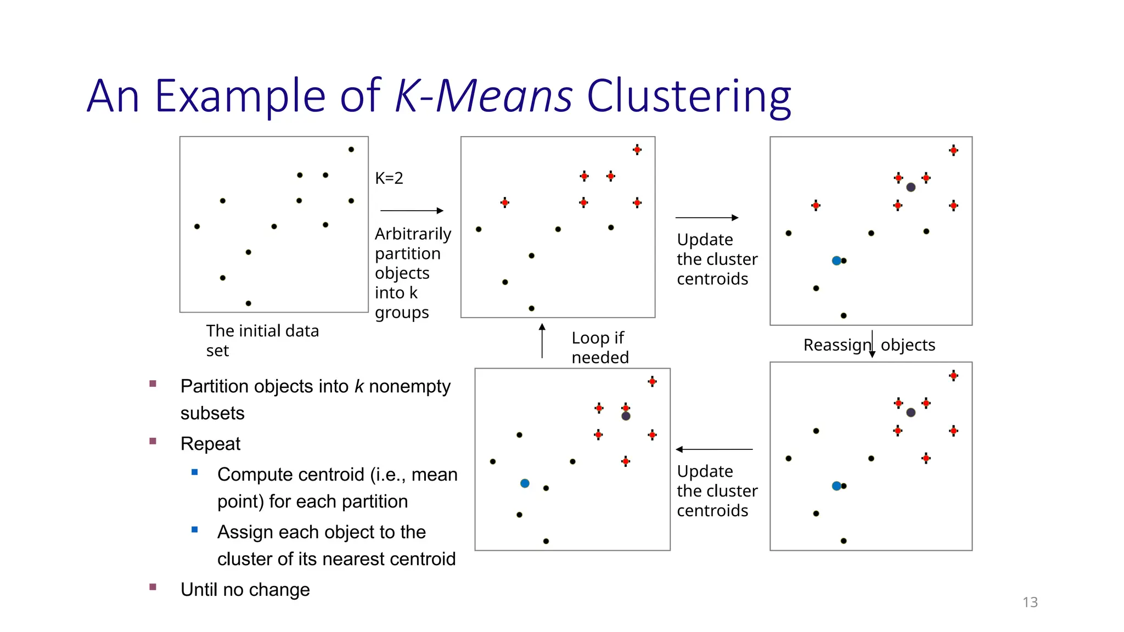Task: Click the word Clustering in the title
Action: click(x=688, y=97)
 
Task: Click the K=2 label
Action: click(x=389, y=178)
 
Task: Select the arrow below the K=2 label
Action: click(x=412, y=211)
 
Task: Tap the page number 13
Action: click(x=1030, y=602)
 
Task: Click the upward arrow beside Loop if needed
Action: click(x=542, y=341)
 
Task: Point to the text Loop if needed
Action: click(x=599, y=347)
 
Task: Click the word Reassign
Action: click(x=836, y=345)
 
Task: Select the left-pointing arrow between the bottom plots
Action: click(x=714, y=449)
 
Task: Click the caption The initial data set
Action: click(x=262, y=340)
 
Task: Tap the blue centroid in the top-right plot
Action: click(x=836, y=261)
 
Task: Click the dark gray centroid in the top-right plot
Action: click(x=911, y=187)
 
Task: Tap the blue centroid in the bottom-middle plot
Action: click(x=525, y=483)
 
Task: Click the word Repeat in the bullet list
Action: click(x=210, y=443)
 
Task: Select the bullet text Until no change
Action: click(x=245, y=589)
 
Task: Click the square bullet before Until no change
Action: click(x=153, y=587)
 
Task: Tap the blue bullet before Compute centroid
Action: click(x=194, y=472)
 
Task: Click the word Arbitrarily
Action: click(x=413, y=234)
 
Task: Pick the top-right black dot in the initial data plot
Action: click(x=351, y=149)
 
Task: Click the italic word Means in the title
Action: click(x=504, y=97)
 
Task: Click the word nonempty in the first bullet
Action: click(x=409, y=386)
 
